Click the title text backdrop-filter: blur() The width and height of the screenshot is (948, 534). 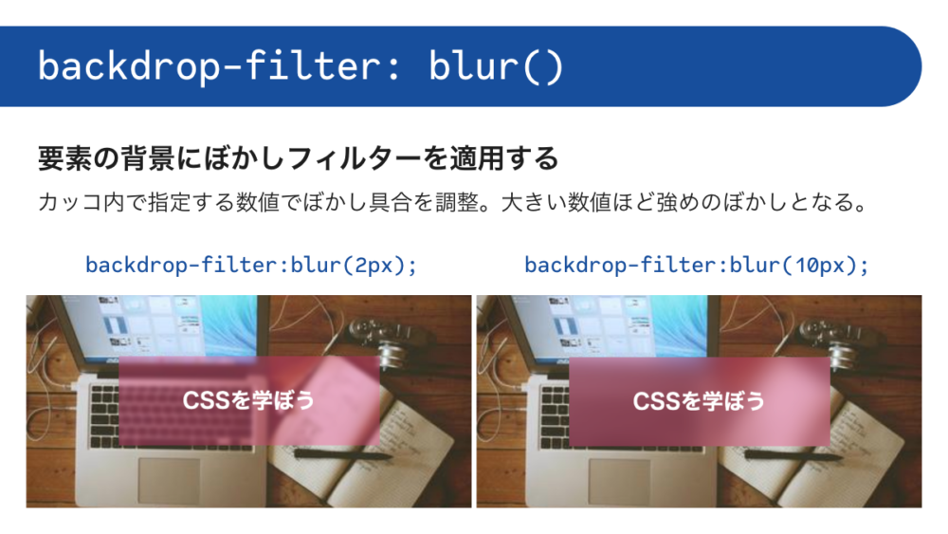(301, 65)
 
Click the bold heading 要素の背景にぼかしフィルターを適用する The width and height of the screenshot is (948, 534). (298, 158)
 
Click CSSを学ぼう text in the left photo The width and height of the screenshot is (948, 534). (248, 399)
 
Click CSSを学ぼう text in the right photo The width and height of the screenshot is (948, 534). (699, 400)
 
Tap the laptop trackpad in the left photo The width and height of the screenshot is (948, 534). (170, 481)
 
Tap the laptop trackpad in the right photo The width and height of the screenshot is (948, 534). (620, 481)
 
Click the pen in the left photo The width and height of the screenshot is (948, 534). (343, 453)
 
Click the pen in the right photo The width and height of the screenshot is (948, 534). (793, 453)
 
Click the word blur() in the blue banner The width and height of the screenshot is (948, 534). (496, 65)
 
